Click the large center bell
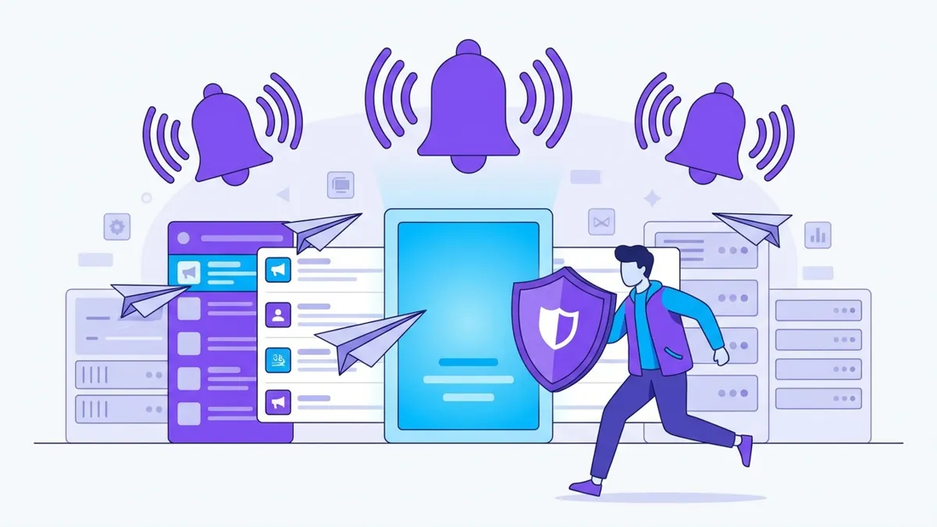pos(468,109)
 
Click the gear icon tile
pos(117,227)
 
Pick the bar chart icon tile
pos(818,234)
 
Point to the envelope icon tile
pos(600,223)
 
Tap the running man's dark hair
pos(634,258)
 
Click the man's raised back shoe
pos(745,450)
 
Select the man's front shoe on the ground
pos(586,487)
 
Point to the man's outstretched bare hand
pos(719,355)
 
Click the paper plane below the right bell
pos(753,227)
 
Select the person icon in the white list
pos(278,315)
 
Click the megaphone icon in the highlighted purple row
pos(188,272)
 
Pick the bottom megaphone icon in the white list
pos(278,401)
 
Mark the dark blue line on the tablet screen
pos(468,362)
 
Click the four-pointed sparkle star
pos(651,199)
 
